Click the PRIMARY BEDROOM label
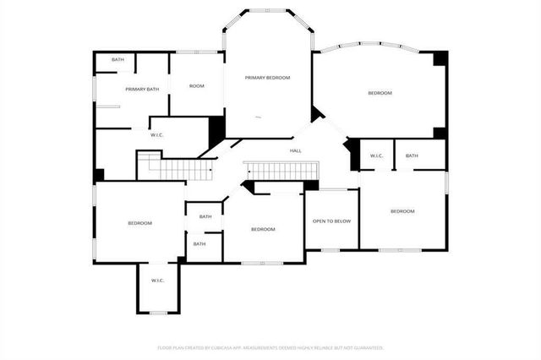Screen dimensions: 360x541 click(x=267, y=78)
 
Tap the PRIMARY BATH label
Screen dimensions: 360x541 click(x=142, y=89)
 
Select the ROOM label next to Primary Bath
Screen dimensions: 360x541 click(x=196, y=85)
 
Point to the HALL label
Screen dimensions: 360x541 click(x=296, y=150)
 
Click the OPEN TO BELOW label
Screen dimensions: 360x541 click(x=331, y=221)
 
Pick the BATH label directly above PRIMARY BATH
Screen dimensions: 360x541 click(x=117, y=59)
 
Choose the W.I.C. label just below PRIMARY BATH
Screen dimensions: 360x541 click(x=156, y=134)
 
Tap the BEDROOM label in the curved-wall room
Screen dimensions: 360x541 click(x=380, y=92)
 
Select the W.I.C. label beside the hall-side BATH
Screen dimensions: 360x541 click(x=377, y=155)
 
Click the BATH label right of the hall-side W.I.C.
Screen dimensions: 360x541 click(x=412, y=155)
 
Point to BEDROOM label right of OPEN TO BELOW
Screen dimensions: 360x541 click(x=402, y=210)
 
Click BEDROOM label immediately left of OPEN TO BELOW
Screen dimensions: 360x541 click(x=263, y=229)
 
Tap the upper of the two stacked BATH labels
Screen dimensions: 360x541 click(x=205, y=216)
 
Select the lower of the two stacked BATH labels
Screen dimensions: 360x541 click(x=199, y=244)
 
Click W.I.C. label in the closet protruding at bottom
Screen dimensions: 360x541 click(x=157, y=281)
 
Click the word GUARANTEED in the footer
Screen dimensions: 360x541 click(x=366, y=347)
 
